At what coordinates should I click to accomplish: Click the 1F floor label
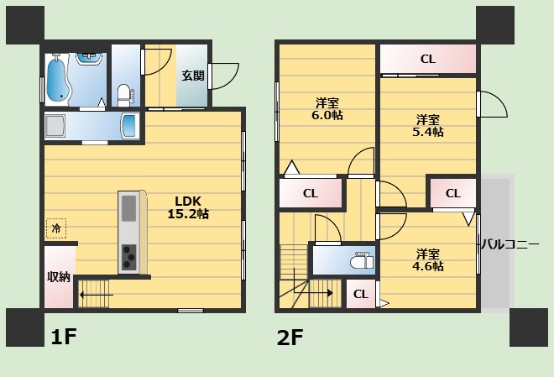tap(64, 337)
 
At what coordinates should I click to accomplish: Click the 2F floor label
tap(290, 338)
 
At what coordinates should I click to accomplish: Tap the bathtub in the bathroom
tap(58, 79)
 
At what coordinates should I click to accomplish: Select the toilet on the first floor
tap(124, 95)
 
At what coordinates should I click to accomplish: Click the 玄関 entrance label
tap(193, 76)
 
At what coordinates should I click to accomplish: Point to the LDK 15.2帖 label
tap(188, 207)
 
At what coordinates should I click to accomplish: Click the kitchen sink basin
tap(128, 207)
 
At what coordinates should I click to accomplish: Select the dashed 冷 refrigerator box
tap(56, 228)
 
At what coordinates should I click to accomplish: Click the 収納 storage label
tap(59, 277)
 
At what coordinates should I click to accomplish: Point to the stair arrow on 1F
tap(96, 295)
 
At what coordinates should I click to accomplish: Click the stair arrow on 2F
tap(314, 293)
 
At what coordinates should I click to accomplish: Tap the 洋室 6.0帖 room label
tap(327, 109)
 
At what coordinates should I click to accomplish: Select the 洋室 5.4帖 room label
tap(428, 125)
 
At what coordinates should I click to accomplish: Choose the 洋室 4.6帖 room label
tap(428, 259)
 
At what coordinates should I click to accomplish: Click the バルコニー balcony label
tap(511, 244)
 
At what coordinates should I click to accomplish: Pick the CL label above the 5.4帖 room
tap(428, 59)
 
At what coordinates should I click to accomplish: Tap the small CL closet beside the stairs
tap(361, 294)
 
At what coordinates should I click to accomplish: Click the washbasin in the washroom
tap(129, 125)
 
